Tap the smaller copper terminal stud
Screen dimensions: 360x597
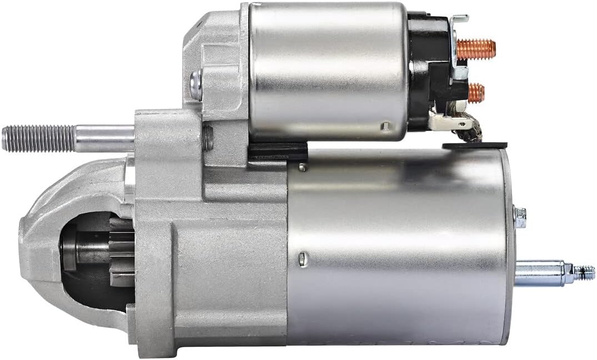(476, 92)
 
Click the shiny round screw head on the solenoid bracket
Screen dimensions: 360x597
(196, 85)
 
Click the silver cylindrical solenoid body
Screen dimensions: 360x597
(328, 69)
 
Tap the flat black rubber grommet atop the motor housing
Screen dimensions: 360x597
(475, 146)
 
